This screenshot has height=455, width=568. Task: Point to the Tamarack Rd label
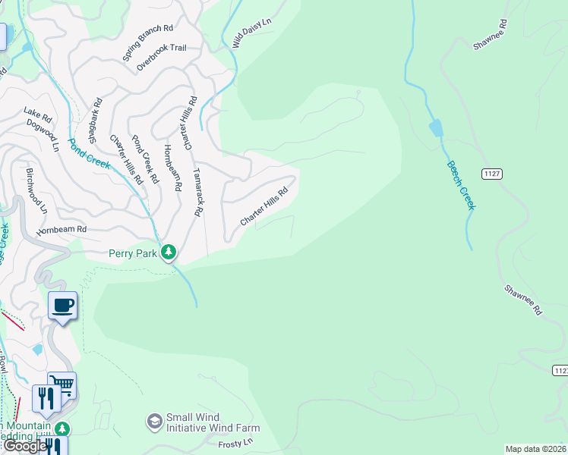pos(197,193)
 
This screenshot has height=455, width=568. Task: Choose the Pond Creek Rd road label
pos(144,160)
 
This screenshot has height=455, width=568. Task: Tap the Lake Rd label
pos(36,115)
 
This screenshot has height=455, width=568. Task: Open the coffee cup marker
pos(62,306)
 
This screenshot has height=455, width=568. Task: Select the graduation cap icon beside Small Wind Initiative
pos(154,421)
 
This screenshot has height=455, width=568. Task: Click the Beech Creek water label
pos(460,185)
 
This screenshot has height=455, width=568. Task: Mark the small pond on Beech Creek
pos(436,128)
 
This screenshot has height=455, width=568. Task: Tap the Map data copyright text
pos(536,449)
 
